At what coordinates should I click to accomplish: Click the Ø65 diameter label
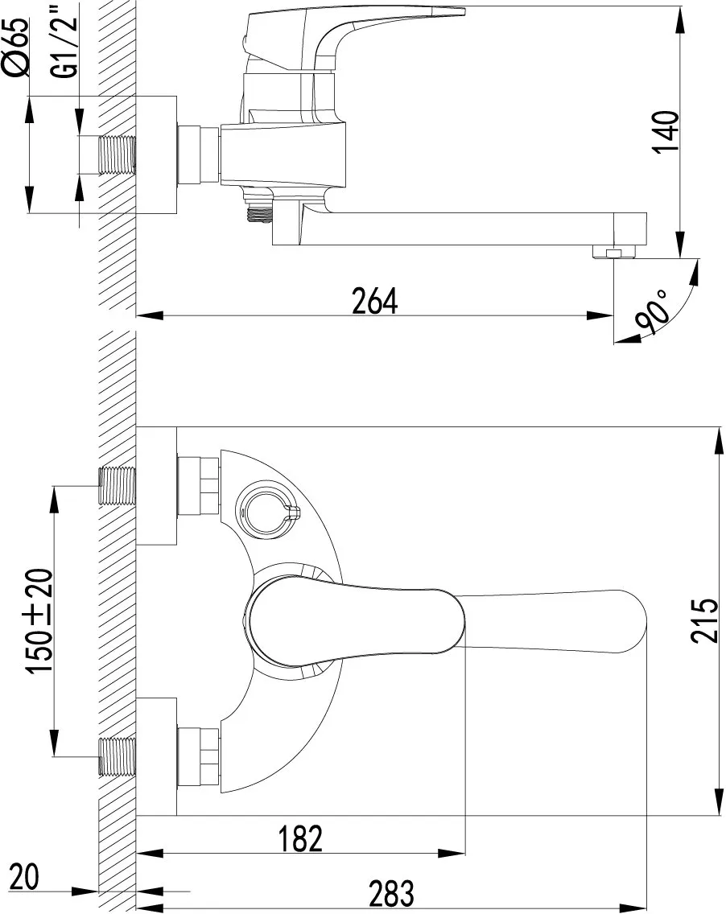click(x=17, y=47)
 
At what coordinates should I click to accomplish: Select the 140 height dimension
click(x=666, y=132)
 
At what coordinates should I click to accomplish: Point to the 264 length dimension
click(x=375, y=301)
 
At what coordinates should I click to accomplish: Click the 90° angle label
click(x=652, y=314)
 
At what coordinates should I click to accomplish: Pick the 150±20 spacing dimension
click(x=41, y=621)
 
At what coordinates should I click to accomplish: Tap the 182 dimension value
click(x=300, y=839)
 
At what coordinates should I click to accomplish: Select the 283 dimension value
click(x=391, y=894)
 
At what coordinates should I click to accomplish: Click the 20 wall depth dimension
click(x=24, y=877)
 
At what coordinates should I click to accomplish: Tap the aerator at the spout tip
click(x=613, y=253)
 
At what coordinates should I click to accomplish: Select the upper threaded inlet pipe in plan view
click(x=118, y=486)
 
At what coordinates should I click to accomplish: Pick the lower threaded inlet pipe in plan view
click(x=118, y=756)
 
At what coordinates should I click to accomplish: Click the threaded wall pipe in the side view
click(x=118, y=155)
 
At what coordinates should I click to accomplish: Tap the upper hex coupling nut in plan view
click(x=198, y=486)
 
